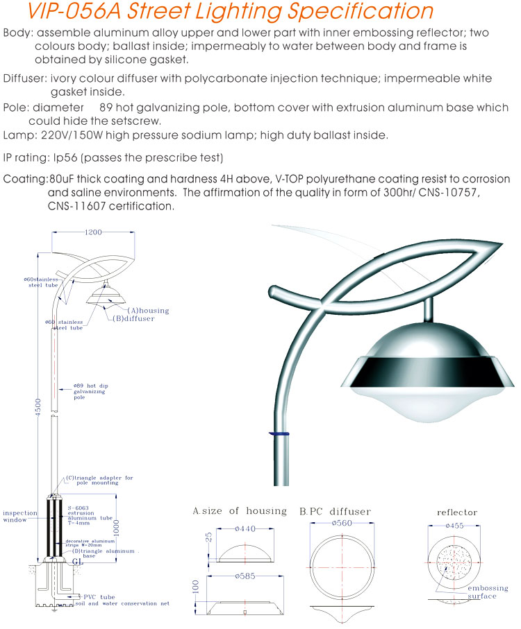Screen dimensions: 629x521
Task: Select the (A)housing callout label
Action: pos(148,310)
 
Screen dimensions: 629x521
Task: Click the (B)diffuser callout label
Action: pos(134,319)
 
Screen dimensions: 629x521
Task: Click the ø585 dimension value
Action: pos(247,576)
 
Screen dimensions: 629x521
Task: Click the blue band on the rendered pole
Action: pos(279,433)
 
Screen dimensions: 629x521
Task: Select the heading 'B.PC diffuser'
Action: pos(335,512)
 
